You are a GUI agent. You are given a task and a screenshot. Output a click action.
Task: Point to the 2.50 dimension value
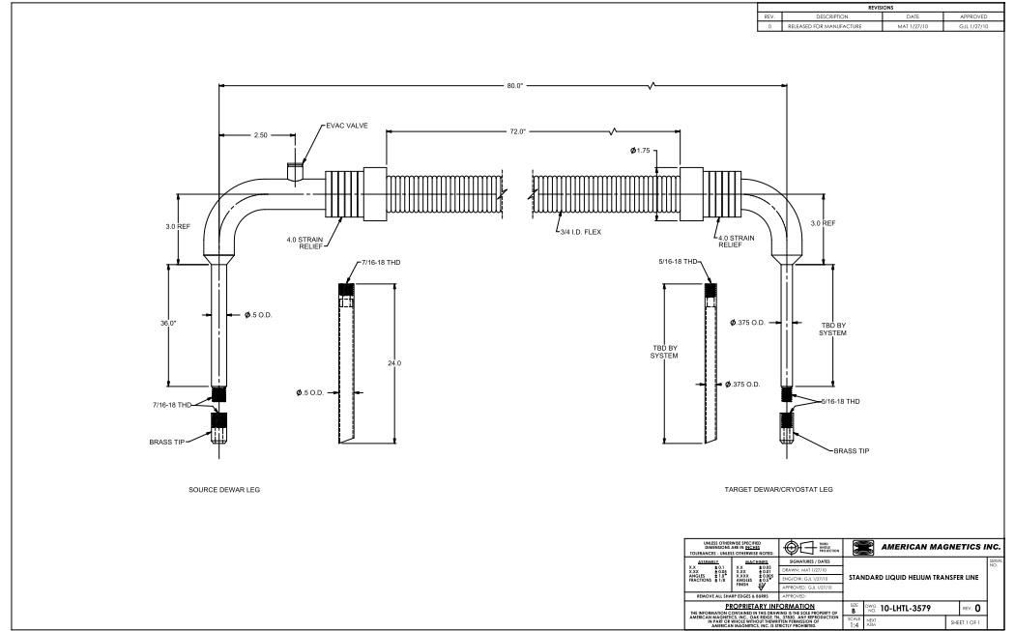coord(260,135)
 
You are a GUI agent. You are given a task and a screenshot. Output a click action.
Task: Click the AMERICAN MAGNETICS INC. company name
coord(935,547)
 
